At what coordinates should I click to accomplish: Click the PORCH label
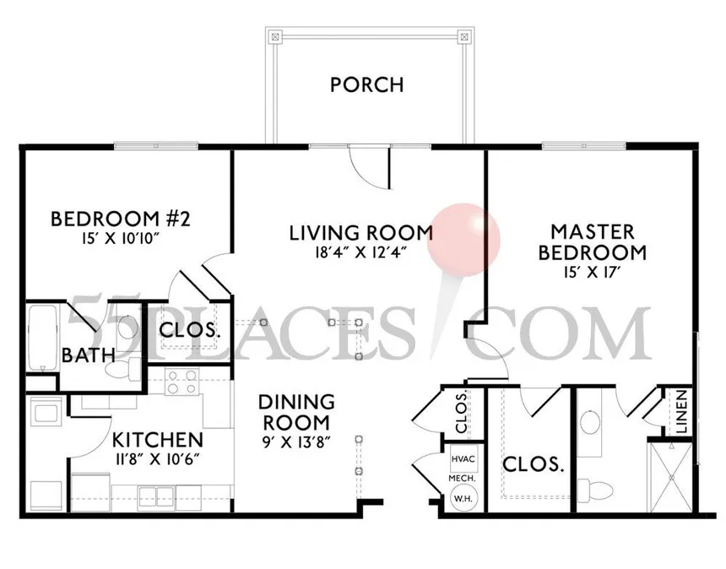click(x=366, y=84)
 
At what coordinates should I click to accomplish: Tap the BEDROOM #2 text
click(x=121, y=219)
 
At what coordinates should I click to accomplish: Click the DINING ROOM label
click(x=295, y=412)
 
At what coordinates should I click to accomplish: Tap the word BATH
click(x=88, y=355)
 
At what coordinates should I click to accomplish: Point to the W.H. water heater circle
click(x=461, y=497)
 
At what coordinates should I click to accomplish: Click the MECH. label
click(x=461, y=478)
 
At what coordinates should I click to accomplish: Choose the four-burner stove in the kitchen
click(x=182, y=383)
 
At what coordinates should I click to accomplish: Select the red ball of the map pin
click(x=463, y=236)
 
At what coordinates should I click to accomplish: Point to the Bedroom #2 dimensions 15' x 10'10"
click(x=121, y=239)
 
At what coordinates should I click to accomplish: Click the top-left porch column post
click(x=274, y=36)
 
